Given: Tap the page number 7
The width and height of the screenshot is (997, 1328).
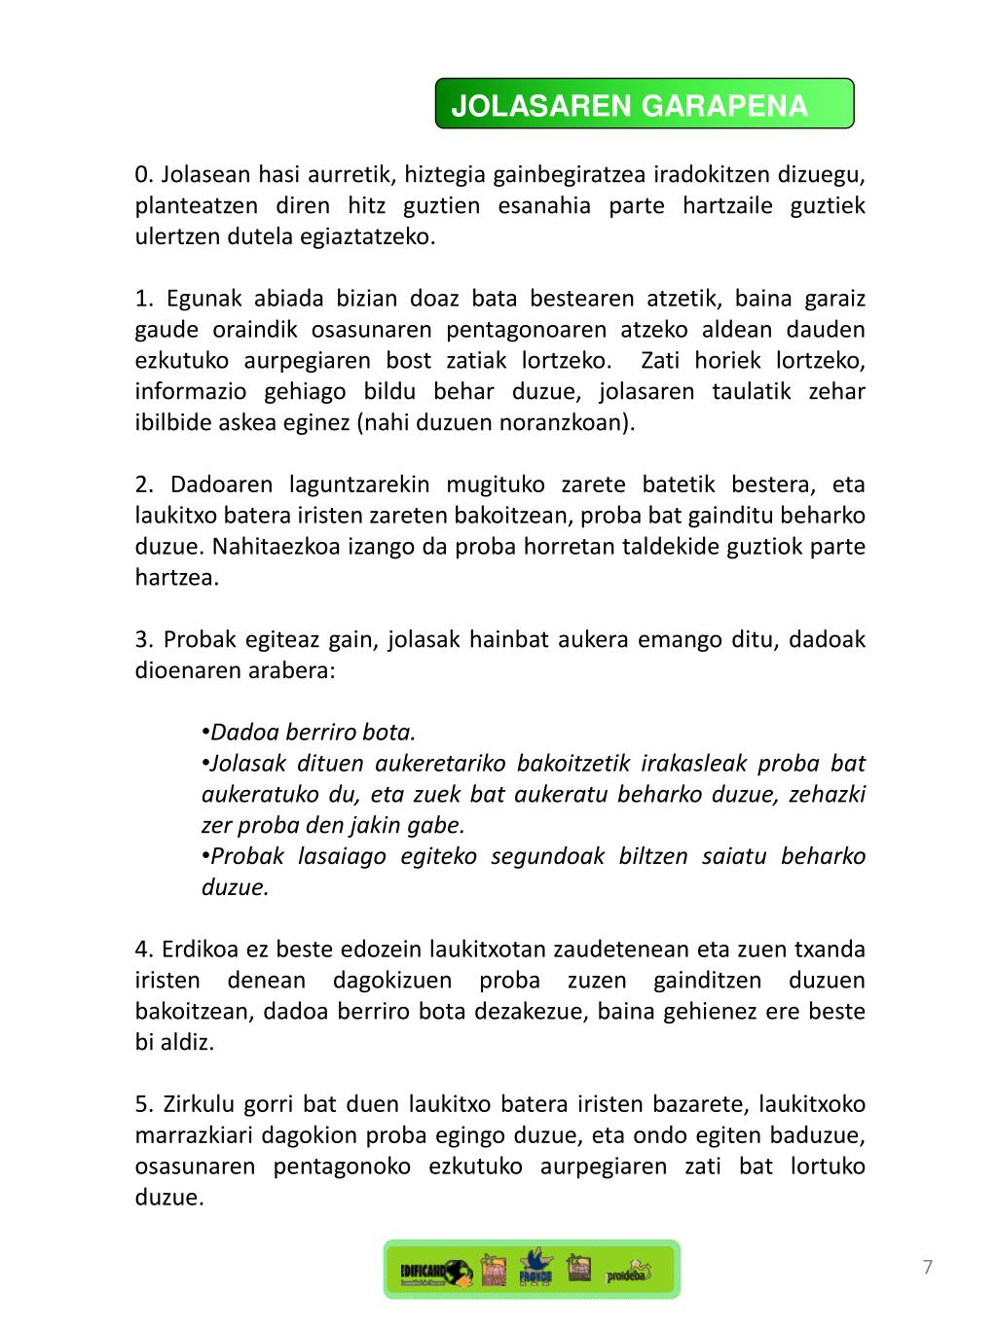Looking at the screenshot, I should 928,1268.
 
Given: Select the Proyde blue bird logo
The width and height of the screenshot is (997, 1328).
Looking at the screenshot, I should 535,1268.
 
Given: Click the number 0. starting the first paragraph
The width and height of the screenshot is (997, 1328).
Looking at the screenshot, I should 144,175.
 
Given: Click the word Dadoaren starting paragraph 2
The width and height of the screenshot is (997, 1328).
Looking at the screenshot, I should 220,485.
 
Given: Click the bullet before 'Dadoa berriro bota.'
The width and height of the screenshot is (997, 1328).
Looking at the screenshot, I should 206,733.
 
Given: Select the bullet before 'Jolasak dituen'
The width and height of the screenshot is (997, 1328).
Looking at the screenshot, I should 206,764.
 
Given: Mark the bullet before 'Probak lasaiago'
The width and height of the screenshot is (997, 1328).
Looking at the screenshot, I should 206,856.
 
